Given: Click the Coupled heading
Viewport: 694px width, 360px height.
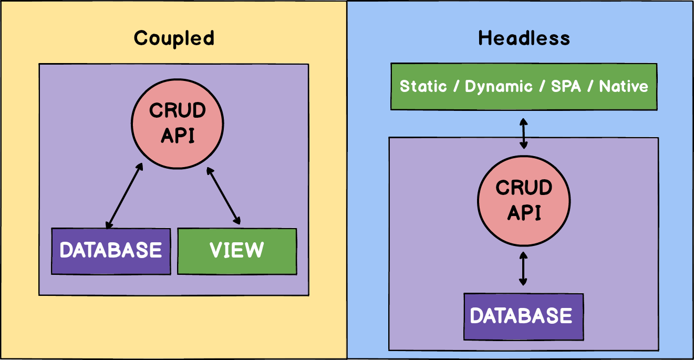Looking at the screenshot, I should (x=174, y=38).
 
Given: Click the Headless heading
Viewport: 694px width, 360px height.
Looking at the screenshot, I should (x=524, y=38).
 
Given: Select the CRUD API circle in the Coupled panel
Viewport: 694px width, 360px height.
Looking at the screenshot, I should (x=177, y=123).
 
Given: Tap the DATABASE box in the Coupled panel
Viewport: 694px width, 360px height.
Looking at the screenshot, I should (x=111, y=251).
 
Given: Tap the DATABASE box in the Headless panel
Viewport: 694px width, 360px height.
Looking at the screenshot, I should (x=524, y=316).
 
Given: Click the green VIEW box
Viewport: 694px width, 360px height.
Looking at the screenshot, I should (x=237, y=251).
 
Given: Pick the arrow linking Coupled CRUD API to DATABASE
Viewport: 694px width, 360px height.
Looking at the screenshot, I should (x=125, y=196).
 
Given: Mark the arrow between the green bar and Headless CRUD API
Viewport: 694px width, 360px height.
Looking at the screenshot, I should (x=523, y=133).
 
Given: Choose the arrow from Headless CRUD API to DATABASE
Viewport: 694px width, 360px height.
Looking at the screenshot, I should (x=523, y=268).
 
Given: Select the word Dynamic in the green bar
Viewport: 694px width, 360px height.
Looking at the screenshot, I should (x=499, y=86).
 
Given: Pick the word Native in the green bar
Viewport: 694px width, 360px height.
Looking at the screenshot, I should (x=624, y=86).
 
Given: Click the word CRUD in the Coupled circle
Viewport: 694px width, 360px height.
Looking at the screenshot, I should (x=178, y=111).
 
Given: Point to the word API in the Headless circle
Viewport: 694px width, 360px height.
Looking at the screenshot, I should (x=524, y=213).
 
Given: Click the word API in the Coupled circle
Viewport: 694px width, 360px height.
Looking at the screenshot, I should (x=178, y=136).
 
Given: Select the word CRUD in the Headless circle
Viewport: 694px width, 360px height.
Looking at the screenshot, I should (x=524, y=188).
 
